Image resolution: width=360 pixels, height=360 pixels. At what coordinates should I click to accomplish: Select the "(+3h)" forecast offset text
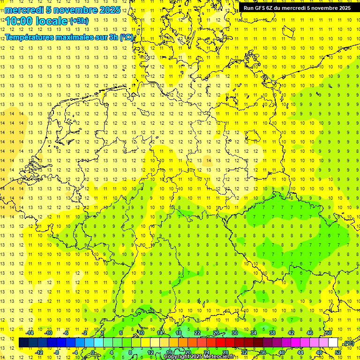78,21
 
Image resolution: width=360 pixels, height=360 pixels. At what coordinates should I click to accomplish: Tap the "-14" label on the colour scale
30,333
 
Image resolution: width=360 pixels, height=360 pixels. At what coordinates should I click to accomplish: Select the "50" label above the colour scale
329,333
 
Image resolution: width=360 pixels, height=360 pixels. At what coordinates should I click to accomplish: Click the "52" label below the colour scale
338,352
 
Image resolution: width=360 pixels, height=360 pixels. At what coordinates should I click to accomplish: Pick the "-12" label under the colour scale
39,352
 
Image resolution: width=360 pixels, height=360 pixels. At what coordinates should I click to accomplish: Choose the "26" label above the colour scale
216,333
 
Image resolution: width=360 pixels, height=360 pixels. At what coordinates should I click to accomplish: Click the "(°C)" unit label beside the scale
348,344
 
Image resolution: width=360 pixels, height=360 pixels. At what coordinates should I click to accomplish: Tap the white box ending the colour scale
333,343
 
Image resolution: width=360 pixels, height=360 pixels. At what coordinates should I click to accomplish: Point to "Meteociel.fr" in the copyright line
218,357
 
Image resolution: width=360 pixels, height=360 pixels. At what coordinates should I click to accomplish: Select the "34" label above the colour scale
254,333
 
